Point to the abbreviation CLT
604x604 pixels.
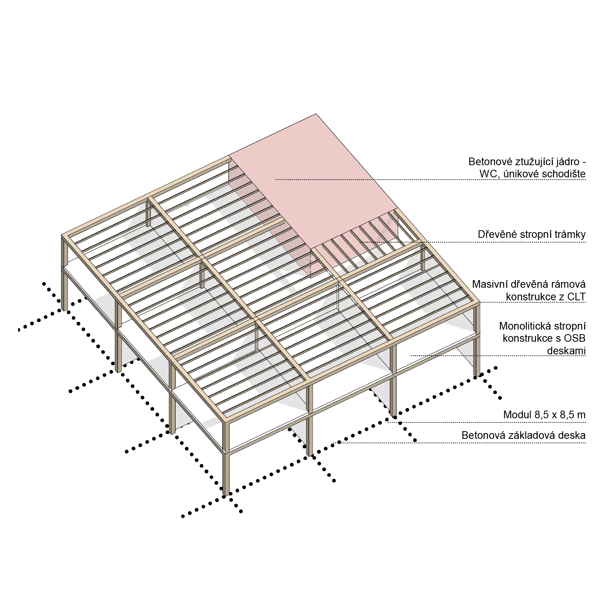(x=576, y=296)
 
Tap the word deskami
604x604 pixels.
(x=566, y=351)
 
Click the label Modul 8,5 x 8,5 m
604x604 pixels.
(x=544, y=415)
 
